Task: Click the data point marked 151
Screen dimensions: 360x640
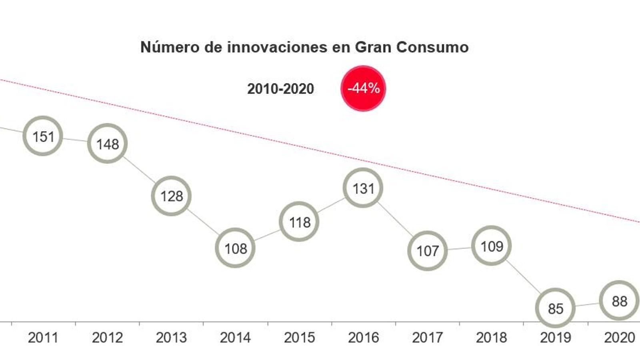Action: point(43,136)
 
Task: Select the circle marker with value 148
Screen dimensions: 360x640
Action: point(107,144)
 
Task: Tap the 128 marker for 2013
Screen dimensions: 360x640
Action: point(171,196)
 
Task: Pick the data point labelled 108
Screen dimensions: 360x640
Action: point(235,248)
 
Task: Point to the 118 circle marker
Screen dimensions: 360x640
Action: point(299,222)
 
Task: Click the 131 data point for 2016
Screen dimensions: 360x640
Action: point(363,188)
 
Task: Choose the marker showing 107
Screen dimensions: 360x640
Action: point(427,251)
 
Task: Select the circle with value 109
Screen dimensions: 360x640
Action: point(491,246)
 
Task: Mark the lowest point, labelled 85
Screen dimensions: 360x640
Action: point(555,308)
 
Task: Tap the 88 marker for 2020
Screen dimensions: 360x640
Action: point(619,301)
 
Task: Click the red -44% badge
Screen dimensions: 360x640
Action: point(363,88)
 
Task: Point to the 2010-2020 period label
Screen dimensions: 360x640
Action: point(280,89)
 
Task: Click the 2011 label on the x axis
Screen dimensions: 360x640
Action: point(43,338)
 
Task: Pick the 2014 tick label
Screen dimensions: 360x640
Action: point(235,338)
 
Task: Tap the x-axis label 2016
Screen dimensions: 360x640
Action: point(363,338)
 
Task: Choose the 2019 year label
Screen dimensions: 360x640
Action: point(555,338)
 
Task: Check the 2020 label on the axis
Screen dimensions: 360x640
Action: point(619,338)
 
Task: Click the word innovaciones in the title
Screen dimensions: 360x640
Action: point(277,47)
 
